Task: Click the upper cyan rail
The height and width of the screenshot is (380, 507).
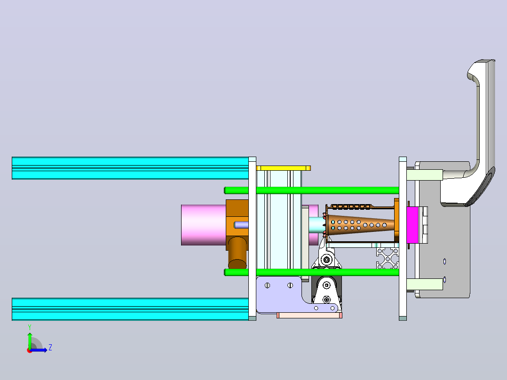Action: click(x=130, y=168)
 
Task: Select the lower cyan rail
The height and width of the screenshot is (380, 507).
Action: click(x=130, y=309)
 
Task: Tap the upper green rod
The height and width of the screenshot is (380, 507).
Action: click(x=312, y=190)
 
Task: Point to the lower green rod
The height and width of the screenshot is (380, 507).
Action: click(x=312, y=272)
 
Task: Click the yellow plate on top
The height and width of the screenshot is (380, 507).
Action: click(x=283, y=168)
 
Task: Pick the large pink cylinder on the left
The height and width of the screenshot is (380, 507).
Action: click(x=203, y=225)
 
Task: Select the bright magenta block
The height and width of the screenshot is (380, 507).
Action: click(x=412, y=225)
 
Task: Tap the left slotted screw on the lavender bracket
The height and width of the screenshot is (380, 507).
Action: click(x=268, y=285)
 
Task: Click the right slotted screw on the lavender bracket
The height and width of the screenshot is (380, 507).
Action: click(x=290, y=285)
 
